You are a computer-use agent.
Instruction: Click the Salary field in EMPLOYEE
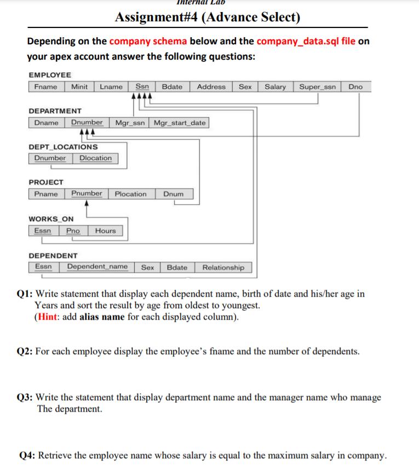[275, 87]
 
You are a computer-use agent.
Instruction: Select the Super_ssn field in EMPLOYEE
[317, 87]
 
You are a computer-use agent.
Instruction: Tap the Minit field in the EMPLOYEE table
[79, 87]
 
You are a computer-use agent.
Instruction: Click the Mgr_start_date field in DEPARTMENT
[180, 123]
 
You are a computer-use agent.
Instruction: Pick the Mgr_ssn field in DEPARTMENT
[130, 123]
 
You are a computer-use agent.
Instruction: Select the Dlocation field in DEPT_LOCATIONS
[95, 158]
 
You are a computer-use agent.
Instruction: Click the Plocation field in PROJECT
[130, 194]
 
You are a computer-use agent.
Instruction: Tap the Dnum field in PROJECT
[173, 194]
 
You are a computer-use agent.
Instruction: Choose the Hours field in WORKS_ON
[105, 230]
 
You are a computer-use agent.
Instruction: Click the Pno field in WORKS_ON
[73, 230]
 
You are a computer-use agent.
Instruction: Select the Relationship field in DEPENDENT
[223, 267]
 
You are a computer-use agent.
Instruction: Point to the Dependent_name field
[97, 267]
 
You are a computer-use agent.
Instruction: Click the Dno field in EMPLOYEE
[355, 87]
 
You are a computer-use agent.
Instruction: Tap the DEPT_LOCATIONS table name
[63, 147]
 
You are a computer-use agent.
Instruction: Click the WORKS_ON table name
[51, 219]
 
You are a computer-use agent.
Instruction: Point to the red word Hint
[47, 316]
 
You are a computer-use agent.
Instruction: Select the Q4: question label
[27, 455]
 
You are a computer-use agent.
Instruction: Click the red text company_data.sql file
[306, 42]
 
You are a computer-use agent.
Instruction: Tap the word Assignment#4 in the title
[157, 18]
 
